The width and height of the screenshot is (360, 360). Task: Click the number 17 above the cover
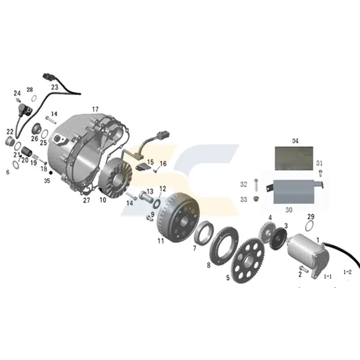click(95, 109)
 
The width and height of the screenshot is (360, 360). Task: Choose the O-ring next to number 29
click(310, 225)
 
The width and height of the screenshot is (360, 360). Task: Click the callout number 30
click(288, 209)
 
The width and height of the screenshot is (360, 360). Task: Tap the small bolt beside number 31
click(320, 172)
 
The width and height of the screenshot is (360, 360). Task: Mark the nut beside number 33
click(256, 199)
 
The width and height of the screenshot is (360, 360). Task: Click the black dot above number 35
click(51, 172)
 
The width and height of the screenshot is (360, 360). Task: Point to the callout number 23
click(54, 87)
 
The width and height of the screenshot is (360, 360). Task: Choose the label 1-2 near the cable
click(347, 272)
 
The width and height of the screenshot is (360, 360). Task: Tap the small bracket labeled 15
click(143, 168)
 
